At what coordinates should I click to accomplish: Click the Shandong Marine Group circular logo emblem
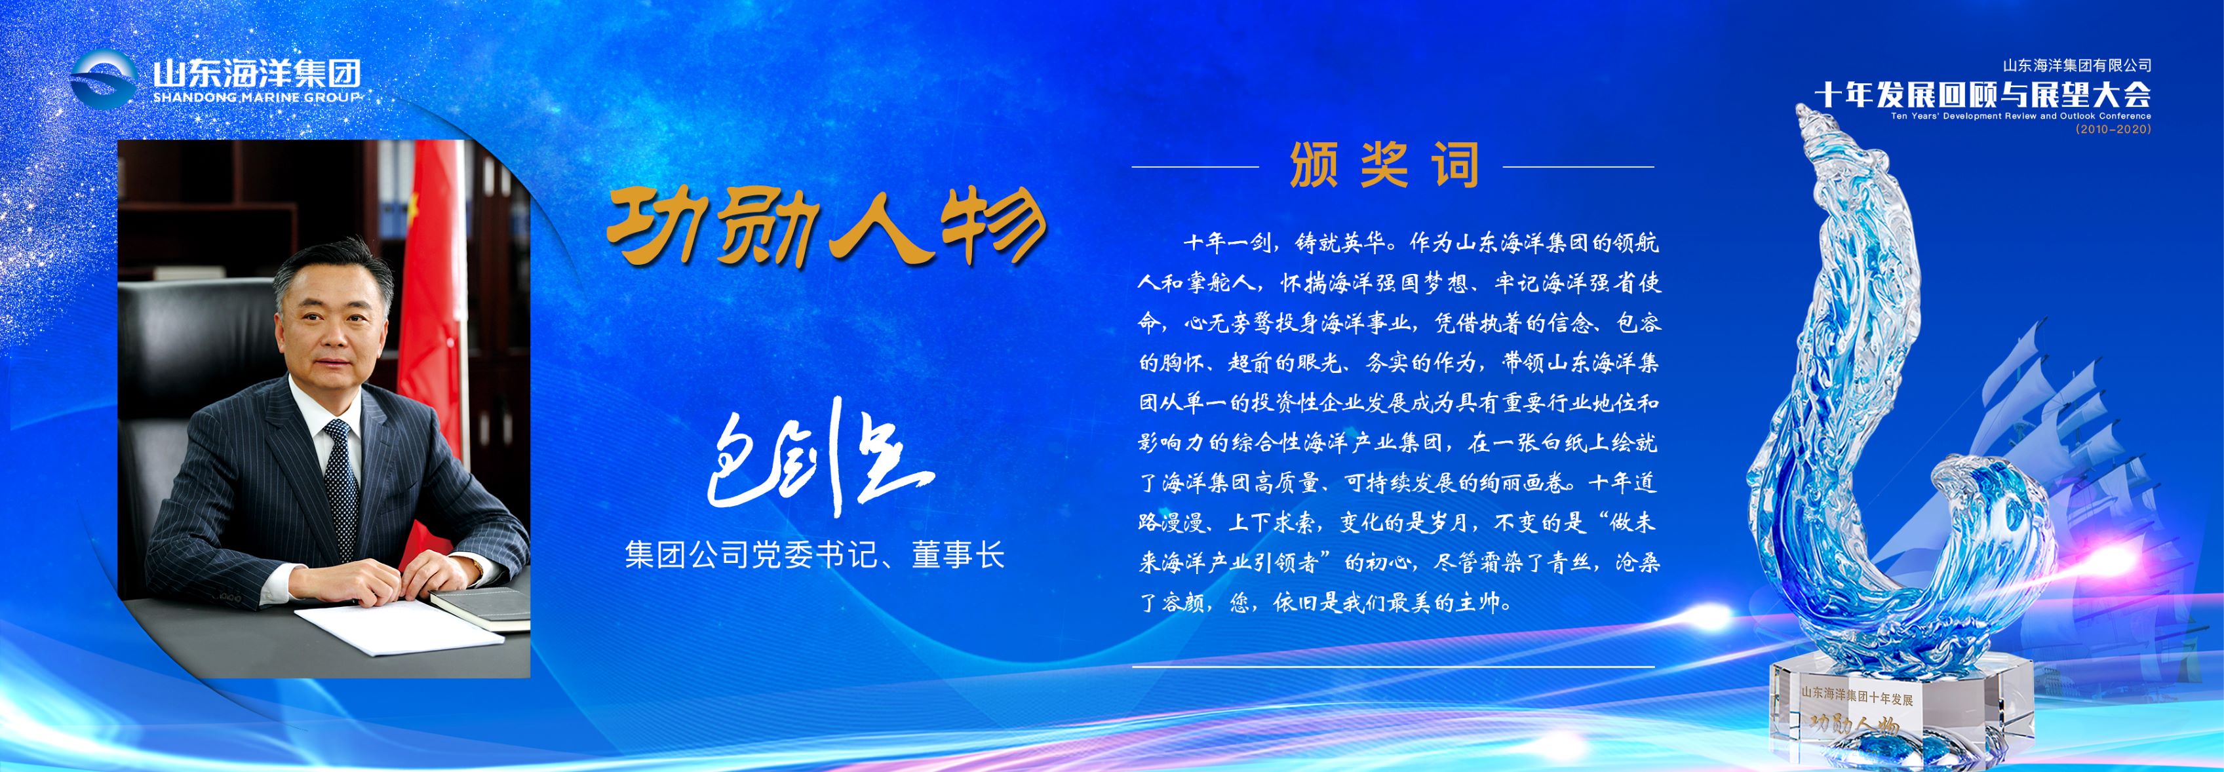pos(104,79)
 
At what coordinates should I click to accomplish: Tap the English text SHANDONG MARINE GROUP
pos(256,98)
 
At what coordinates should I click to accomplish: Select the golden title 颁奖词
pos(1384,165)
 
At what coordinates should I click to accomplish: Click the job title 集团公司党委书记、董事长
pos(814,554)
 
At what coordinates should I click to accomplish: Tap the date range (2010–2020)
pos(2113,128)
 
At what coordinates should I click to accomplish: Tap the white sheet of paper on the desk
pos(397,625)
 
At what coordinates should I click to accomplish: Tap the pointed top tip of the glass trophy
pos(1802,109)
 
